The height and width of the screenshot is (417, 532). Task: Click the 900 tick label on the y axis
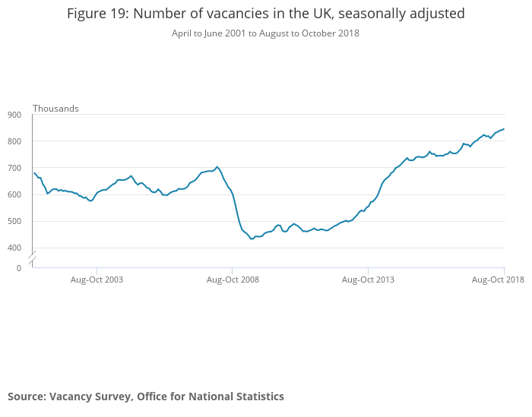pyautogui.click(x=14, y=115)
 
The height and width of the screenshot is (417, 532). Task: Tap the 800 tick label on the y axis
pyautogui.click(x=14, y=141)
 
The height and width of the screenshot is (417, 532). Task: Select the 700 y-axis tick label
pyautogui.click(x=14, y=168)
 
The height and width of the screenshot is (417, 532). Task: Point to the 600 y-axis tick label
pyautogui.click(x=14, y=194)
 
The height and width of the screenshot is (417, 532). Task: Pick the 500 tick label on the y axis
pyautogui.click(x=14, y=221)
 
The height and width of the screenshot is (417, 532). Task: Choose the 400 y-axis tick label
pyautogui.click(x=14, y=248)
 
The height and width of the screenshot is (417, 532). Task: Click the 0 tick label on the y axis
pyautogui.click(x=19, y=267)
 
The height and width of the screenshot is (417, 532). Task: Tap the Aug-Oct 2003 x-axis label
pyautogui.click(x=97, y=280)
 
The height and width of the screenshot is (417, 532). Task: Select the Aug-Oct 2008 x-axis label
pyautogui.click(x=233, y=280)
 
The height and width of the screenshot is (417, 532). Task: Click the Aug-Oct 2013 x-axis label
pyautogui.click(x=368, y=280)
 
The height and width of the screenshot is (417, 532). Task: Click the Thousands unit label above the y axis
pyautogui.click(x=55, y=109)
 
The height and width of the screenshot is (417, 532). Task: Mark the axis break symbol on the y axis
pyautogui.click(x=32, y=258)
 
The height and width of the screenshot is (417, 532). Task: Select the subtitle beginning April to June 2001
pyautogui.click(x=265, y=33)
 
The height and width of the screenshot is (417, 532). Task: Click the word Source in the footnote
pyautogui.click(x=26, y=396)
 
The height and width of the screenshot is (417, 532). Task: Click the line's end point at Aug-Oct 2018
pyautogui.click(x=504, y=129)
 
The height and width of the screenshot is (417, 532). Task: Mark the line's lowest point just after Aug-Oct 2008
pyautogui.click(x=252, y=239)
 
